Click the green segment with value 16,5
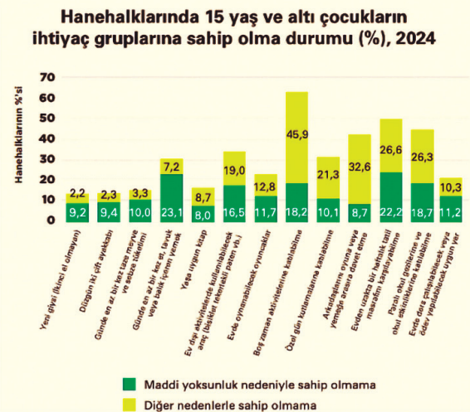tap(234, 203)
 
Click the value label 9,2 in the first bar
tap(76, 212)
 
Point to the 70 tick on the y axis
tap(47, 77)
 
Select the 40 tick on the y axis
tap(47, 138)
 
